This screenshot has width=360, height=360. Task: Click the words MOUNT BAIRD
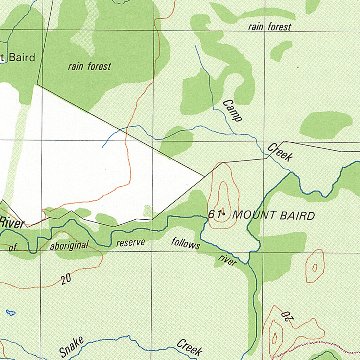274,216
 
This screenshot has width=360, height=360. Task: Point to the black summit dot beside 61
224,213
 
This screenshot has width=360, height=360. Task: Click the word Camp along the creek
232,111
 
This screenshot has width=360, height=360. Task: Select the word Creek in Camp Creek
280,153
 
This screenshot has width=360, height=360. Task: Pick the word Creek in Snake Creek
189,347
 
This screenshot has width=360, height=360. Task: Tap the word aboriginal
69,245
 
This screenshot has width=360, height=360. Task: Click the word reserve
130,243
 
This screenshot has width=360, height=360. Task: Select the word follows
186,243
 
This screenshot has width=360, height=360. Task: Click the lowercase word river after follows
227,260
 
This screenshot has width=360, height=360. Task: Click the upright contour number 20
66,279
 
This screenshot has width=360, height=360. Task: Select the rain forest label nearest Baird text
89,66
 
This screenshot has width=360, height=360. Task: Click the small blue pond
11,312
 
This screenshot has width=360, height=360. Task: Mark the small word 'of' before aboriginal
13,248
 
